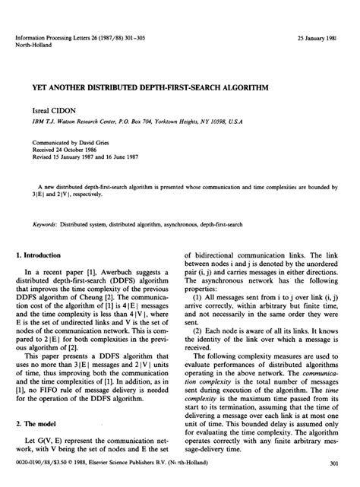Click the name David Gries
click(x=96, y=141)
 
